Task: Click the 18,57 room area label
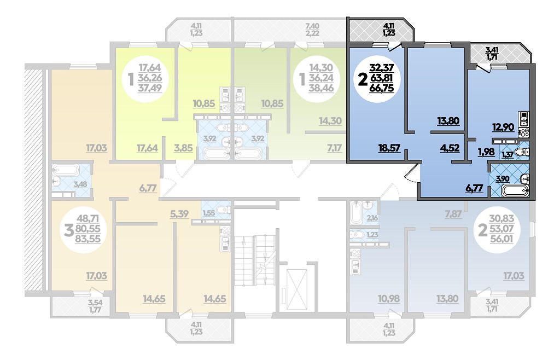(x=389, y=148)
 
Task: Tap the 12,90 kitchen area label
(x=503, y=127)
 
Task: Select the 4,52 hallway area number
(x=450, y=148)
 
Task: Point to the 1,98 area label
(x=486, y=152)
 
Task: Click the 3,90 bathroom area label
(x=503, y=179)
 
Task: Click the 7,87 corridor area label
(x=453, y=214)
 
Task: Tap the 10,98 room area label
(x=389, y=298)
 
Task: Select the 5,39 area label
(x=179, y=214)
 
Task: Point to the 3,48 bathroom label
(x=80, y=184)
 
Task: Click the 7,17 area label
(x=334, y=148)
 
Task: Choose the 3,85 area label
(x=183, y=148)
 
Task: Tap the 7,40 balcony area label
(x=312, y=26)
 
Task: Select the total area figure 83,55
(x=88, y=239)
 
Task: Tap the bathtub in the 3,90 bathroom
(x=515, y=190)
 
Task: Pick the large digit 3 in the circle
(x=68, y=230)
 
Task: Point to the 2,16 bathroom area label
(x=372, y=218)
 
